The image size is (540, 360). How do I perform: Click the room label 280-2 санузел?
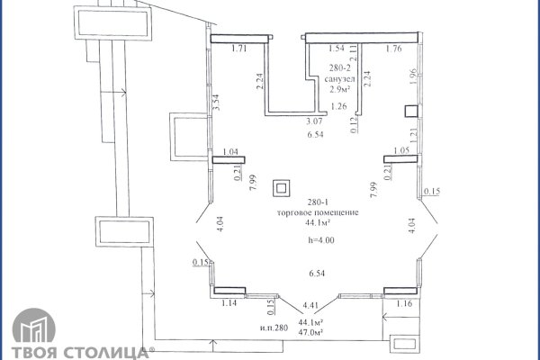[339, 74]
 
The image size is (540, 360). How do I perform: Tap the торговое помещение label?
[318, 212]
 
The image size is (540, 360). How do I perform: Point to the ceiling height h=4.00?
[321, 240]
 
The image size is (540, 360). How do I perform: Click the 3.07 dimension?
[314, 121]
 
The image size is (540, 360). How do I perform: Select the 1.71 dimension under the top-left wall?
[239, 49]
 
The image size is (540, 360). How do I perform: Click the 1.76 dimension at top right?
[393, 49]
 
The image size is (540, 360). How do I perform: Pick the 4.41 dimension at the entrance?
[310, 305]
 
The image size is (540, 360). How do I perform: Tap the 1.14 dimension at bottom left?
[229, 303]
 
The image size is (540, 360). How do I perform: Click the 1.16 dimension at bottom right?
[404, 303]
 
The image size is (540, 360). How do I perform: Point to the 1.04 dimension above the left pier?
[230, 151]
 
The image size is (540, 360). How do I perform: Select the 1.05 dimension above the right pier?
[401, 150]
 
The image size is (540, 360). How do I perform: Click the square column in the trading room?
[282, 188]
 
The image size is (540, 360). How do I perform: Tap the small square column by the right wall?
[411, 112]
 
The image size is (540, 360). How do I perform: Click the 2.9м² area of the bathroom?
[339, 90]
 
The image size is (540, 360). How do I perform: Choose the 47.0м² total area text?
[310, 332]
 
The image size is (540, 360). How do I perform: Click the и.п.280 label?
[274, 328]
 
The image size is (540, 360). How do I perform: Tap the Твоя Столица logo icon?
[34, 326]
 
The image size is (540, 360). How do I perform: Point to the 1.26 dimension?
[338, 106]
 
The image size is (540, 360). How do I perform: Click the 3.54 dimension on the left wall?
[216, 103]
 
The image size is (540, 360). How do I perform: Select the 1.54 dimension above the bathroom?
[337, 49]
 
